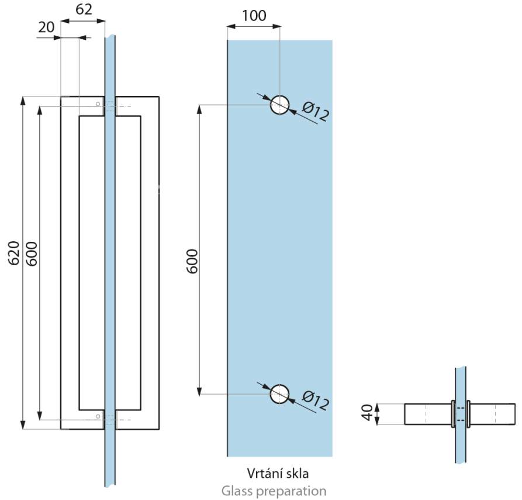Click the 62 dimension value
click(84, 9)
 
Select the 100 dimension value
click(254, 15)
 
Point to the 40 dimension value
click(367, 413)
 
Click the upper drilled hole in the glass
click(279, 105)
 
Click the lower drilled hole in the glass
click(279, 394)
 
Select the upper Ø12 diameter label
click(316, 111)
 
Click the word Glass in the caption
click(236, 490)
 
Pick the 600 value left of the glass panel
click(192, 261)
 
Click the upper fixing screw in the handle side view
click(98, 104)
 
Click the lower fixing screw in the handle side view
click(98, 417)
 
